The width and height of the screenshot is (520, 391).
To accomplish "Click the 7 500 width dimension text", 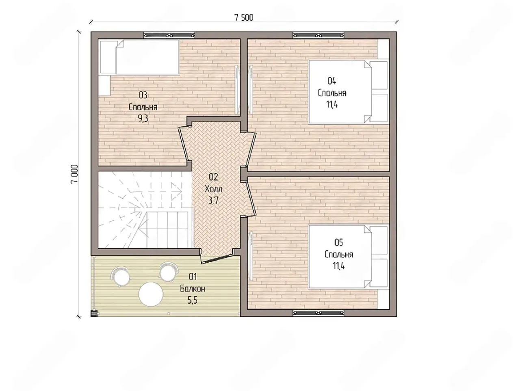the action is coord(244,18).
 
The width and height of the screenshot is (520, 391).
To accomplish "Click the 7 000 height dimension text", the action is coord(74,174).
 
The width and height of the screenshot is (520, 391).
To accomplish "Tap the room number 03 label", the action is coord(143,95).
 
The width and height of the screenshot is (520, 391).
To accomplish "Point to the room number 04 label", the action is coord(331,81).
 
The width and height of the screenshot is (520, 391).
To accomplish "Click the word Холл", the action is coord(214,189).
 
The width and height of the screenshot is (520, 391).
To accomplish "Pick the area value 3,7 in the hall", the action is coord(213,201).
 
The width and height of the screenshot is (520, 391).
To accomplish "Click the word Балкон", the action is coord(193,289).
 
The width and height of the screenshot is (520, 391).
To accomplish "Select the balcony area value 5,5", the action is coord(193,300).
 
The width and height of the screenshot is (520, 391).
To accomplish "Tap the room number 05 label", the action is coord(339,242).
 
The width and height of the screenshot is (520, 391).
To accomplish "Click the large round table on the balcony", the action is coord(151,294).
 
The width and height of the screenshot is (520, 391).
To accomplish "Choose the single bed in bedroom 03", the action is coord(139,57).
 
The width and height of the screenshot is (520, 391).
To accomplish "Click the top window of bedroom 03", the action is coord(169,35).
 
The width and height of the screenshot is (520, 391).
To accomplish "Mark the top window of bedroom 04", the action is coord(318,35).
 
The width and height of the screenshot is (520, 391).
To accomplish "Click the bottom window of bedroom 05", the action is coord(318,313).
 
